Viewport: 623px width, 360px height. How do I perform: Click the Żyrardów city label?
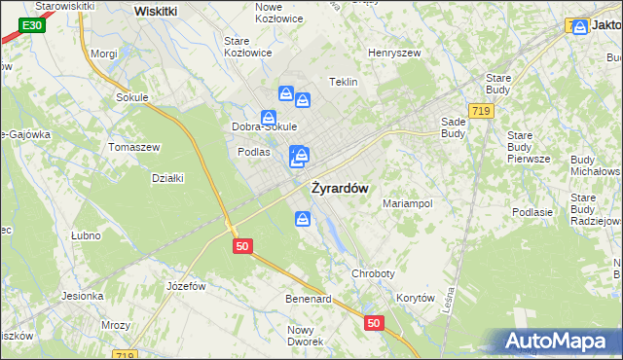pyautogui.click(x=339, y=189)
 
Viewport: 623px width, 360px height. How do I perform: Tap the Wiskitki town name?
pyautogui.click(x=156, y=11)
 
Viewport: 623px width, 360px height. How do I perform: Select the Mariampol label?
pyautogui.click(x=407, y=204)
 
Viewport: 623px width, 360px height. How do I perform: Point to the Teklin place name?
pyautogui.click(x=345, y=83)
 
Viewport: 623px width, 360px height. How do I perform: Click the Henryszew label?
pyautogui.click(x=393, y=53)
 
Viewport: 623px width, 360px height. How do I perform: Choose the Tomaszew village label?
pyautogui.click(x=134, y=147)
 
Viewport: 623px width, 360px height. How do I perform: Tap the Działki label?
pyautogui.click(x=168, y=178)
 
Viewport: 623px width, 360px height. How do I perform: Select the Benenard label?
pyautogui.click(x=309, y=299)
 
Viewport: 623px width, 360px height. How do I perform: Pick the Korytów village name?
pyautogui.click(x=415, y=299)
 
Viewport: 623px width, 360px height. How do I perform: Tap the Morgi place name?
pyautogui.click(x=103, y=54)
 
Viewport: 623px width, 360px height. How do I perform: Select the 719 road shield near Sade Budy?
pyautogui.click(x=479, y=113)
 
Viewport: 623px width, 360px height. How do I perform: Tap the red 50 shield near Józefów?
pyautogui.click(x=242, y=247)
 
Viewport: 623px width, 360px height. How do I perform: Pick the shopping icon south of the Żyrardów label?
pyautogui.click(x=304, y=220)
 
